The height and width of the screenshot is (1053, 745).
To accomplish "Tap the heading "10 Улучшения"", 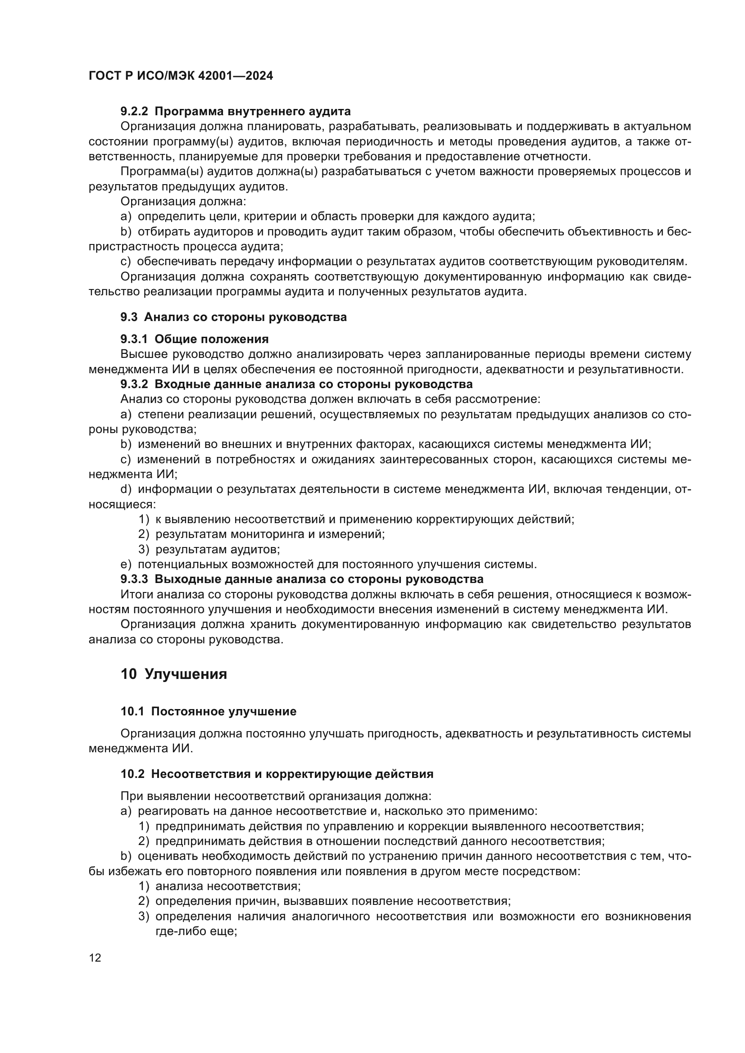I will point(174,674).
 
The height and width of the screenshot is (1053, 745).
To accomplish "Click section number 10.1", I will point(132,711).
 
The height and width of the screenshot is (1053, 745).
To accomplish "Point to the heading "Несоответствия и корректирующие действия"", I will point(292,774).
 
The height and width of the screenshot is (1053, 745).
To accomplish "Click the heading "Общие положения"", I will point(212,339).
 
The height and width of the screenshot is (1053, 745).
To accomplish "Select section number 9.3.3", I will point(134,579).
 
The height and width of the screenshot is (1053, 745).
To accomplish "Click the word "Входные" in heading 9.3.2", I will point(180,384).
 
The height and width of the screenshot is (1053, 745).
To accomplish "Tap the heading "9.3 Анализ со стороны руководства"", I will point(233,317).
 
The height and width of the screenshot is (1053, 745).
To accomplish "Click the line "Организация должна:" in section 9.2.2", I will point(183,201).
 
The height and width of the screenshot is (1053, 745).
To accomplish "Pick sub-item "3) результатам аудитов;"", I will point(209,549).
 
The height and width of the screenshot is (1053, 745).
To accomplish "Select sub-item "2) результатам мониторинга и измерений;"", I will point(262,534).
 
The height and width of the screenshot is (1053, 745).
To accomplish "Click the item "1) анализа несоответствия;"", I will point(220,886).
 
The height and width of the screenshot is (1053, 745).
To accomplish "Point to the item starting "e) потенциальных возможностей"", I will point(328,565).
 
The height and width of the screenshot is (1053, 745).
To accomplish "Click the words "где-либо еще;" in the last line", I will point(196,931).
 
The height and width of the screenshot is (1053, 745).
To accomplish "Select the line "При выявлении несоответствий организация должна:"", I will point(276,796).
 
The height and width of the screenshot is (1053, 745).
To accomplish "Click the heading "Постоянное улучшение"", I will point(224,711).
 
